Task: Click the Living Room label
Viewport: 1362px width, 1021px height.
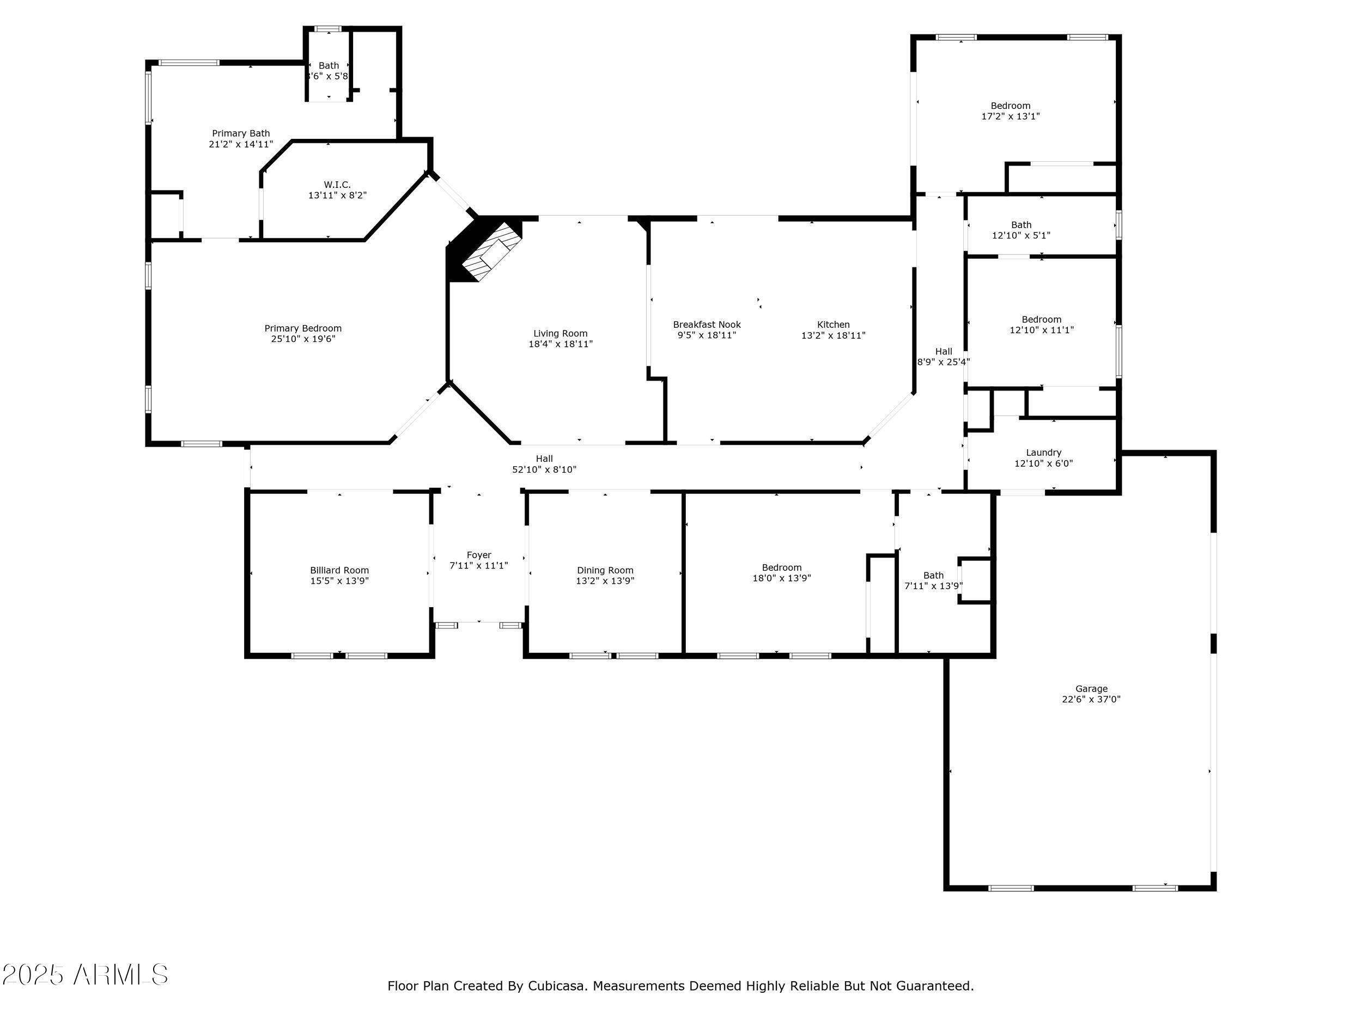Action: tap(560, 334)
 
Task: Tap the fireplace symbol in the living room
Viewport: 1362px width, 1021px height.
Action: tap(487, 251)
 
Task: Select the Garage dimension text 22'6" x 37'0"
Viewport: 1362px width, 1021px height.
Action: tap(1091, 699)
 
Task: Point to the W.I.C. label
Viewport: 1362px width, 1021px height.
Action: tap(337, 185)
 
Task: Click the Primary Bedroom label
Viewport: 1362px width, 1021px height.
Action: tap(303, 329)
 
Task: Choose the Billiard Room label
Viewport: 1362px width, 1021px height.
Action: tap(339, 571)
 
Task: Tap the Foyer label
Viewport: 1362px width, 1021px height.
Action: tap(479, 555)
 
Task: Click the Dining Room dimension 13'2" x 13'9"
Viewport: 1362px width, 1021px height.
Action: tap(605, 581)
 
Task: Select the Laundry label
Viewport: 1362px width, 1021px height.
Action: tap(1044, 453)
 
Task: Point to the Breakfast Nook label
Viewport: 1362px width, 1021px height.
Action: tap(707, 325)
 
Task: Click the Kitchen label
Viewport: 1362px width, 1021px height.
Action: tap(833, 325)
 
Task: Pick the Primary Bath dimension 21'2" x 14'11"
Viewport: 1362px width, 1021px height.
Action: tap(241, 144)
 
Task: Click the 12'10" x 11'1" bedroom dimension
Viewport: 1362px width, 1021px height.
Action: tap(1041, 330)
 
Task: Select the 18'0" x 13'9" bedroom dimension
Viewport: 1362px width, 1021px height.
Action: tap(781, 578)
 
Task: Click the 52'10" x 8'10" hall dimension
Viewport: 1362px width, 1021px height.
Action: tap(544, 469)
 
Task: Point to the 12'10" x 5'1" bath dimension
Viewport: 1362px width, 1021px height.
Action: tap(1021, 236)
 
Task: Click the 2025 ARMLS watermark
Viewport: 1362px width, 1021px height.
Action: tap(85, 975)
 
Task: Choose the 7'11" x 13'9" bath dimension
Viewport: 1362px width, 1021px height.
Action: tap(933, 586)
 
